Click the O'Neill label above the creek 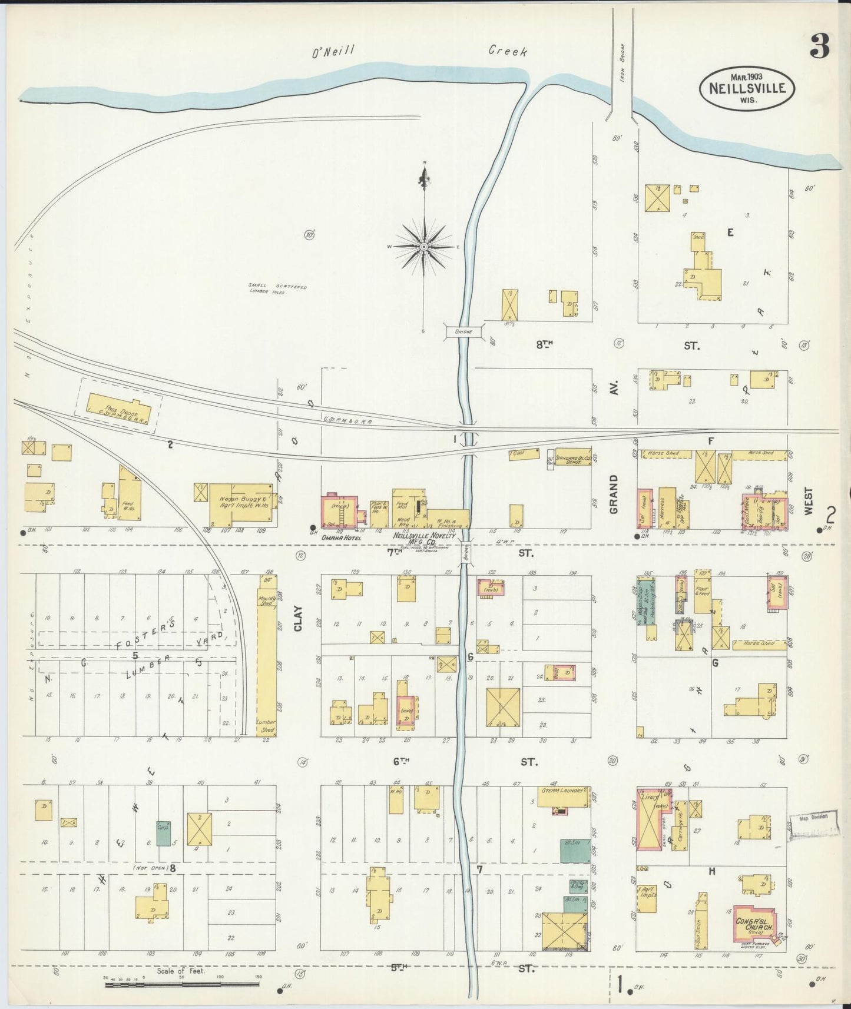[x=333, y=52]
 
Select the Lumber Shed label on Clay [x=266, y=725]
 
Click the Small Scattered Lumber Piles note [x=277, y=289]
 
